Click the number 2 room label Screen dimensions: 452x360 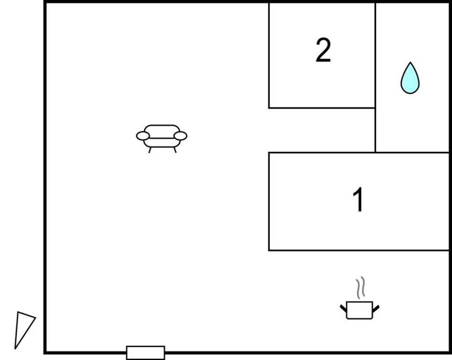pos(323,50)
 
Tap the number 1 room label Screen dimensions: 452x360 pos(358,200)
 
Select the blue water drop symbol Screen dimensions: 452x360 pos(410,78)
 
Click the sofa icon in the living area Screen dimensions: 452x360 pos(162,138)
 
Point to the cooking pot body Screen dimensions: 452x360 pos(359,310)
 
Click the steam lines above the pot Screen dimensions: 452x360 pos(360,288)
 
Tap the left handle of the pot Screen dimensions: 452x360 pos(343,308)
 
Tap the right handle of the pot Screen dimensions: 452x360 pos(376,308)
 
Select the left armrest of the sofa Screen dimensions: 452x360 pos(143,135)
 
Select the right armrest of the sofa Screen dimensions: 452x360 pos(180,135)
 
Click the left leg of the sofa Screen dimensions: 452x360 pos(150,150)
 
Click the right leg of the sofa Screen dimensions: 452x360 pos(175,150)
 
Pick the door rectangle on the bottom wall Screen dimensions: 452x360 pos(146,353)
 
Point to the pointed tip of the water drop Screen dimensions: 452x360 pos(410,62)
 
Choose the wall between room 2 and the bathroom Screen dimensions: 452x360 pos(375,77)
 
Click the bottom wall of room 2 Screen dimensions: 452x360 pos(322,108)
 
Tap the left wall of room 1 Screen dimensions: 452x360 pos(269,202)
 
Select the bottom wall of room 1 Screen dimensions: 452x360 pos(359,250)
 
